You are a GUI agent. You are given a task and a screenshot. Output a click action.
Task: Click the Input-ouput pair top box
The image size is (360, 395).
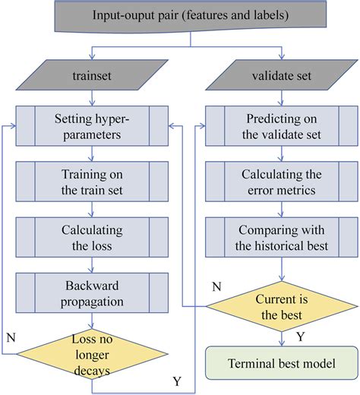tap(179, 15)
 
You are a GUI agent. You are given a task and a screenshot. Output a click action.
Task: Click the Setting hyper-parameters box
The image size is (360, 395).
tap(92, 126)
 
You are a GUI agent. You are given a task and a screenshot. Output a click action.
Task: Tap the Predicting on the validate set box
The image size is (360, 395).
tap(283, 126)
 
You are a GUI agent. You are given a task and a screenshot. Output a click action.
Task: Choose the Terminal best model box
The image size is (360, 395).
tap(283, 363)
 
